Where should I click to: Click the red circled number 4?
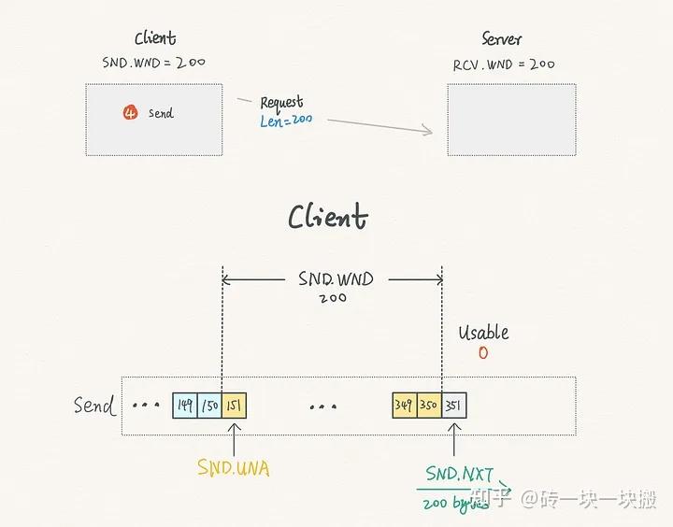130,113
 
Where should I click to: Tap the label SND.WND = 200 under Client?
153,63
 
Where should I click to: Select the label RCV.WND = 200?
503,64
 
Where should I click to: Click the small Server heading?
502,39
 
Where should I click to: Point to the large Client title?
327,218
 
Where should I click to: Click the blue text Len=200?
286,121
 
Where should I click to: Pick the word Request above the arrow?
281,102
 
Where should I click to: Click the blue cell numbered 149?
185,406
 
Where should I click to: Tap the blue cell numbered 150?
209,406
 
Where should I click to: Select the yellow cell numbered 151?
234,406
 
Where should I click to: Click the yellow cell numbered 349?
405,406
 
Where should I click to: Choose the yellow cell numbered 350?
429,406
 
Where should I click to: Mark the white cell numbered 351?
453,406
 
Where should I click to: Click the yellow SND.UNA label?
233,468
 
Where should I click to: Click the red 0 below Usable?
482,353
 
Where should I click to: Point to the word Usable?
483,333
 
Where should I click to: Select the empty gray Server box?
510,120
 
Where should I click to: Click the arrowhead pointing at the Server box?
428,131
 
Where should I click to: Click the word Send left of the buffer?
94,406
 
